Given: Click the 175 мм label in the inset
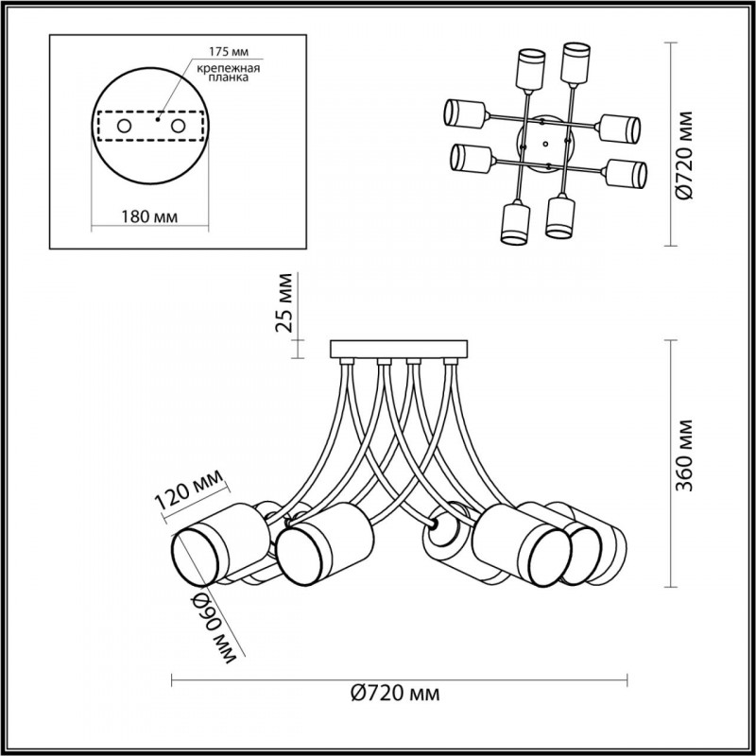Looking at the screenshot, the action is pos(229,52).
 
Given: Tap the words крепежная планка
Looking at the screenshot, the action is pos(229,73).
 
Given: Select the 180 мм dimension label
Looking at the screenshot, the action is pos(149,216).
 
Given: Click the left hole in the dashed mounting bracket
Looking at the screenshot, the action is pos(125,127).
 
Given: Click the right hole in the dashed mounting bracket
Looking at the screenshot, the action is pos(179,127).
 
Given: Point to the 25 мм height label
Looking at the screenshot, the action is pos(284,302).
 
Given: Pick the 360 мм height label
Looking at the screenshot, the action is pos(683,455).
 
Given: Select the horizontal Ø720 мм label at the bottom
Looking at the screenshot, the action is pos(395,694).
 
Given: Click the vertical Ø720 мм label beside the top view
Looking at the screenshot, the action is pos(683,155).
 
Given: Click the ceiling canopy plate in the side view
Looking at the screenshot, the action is pos(399,349).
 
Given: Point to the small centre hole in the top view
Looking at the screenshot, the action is pos(545,144).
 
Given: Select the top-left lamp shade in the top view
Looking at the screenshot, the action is pos(531,69).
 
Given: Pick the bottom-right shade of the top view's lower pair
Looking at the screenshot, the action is pos(560,215).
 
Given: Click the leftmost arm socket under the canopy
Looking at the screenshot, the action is pos(347,361).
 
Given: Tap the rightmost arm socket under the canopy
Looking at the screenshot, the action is pos(451,361).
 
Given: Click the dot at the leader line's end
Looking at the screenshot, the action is pos(158,119).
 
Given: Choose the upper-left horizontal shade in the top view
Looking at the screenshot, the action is pos(465,113).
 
